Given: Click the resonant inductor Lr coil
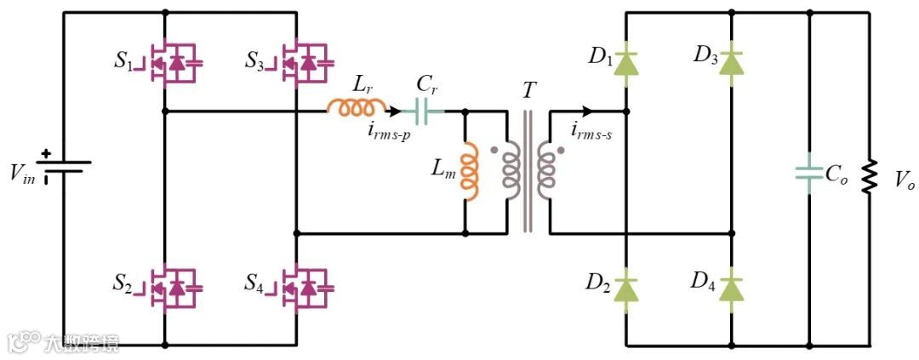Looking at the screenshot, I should pos(357,108).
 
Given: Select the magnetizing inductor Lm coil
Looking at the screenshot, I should pos(467,173).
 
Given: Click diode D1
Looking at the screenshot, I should pos(626,61).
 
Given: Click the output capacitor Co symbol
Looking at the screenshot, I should pos(808,174).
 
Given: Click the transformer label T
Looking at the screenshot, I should pos(529,90).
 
